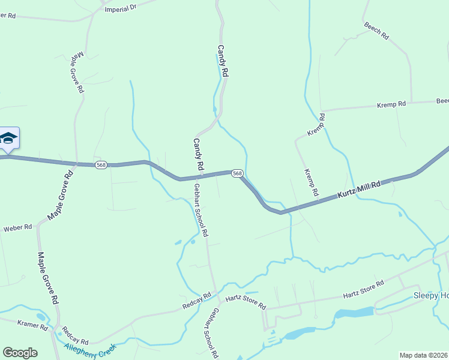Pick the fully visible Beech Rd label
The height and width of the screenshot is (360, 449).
[x=376, y=31]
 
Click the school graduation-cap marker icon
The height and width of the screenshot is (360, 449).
[x=8, y=139]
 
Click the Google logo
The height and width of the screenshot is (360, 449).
[x=20, y=353]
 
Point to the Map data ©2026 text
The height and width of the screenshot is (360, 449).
[x=423, y=355]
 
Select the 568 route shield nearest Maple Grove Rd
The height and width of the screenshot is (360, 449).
[x=101, y=164]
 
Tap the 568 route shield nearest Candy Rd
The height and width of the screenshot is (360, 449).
[x=237, y=173]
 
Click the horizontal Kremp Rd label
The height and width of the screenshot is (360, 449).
[x=391, y=104]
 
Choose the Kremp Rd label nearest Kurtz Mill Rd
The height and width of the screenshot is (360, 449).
[x=310, y=182]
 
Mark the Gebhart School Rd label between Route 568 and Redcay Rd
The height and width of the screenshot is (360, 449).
[x=200, y=209]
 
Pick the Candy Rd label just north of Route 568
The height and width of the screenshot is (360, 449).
[x=198, y=153]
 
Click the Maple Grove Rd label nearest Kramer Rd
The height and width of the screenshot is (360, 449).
[x=47, y=277]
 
